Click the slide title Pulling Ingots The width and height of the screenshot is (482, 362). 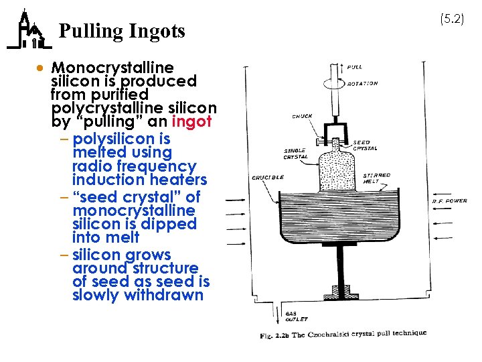tap(122, 32)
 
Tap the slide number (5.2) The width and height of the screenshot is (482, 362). tap(452, 19)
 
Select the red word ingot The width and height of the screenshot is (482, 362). tap(191, 122)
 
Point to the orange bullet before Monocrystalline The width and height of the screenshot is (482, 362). tap(41, 68)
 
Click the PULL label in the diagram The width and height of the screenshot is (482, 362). tap(355, 66)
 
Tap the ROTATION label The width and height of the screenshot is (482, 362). tap(362, 84)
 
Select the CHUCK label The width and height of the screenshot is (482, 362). tap(302, 116)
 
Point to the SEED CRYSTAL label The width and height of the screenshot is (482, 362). tap(365, 145)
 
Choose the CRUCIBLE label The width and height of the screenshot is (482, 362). tap(267, 178)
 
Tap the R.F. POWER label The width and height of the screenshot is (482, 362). tap(450, 200)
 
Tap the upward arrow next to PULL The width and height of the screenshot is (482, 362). tap(343, 66)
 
